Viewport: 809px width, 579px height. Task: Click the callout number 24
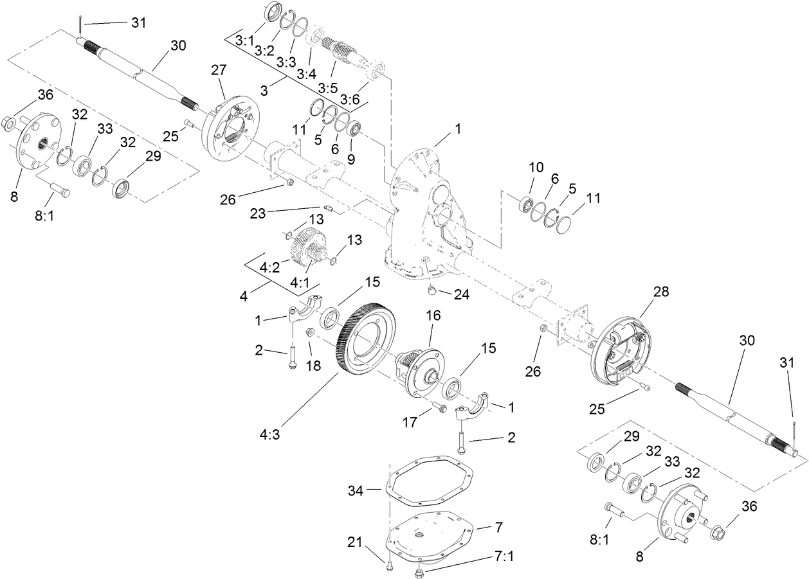pos(462,296)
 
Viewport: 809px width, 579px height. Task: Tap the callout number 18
pos(313,366)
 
